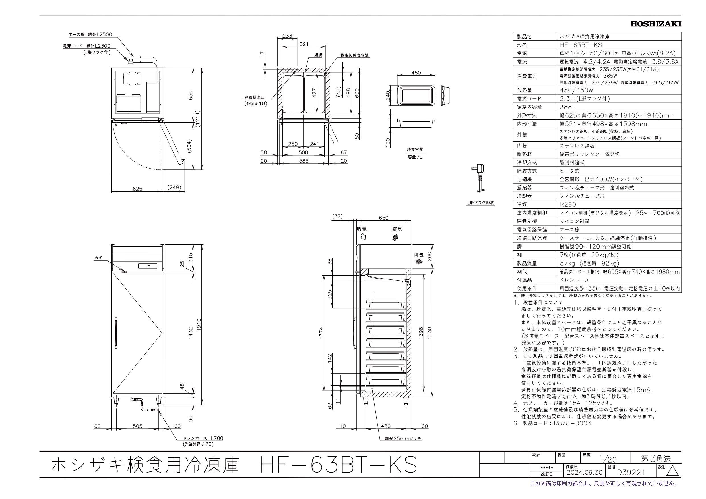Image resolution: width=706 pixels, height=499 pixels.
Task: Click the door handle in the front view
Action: (116, 333)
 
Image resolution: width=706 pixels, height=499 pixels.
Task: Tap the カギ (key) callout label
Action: (98, 258)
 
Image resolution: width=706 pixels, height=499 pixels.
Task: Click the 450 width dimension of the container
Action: (416, 73)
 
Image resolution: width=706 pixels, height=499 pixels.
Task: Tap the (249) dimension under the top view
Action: (174, 188)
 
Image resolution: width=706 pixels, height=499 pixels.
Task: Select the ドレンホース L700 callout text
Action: (203, 438)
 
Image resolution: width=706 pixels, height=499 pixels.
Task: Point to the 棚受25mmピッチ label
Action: (403, 439)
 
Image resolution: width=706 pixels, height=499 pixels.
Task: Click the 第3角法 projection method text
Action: (656, 459)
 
